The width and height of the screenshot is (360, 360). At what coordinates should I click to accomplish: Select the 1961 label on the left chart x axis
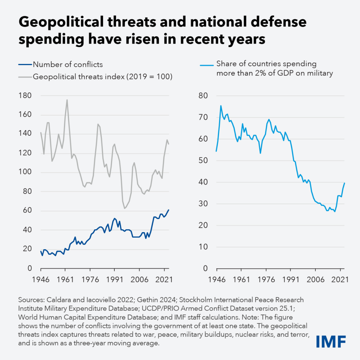coord(65,280)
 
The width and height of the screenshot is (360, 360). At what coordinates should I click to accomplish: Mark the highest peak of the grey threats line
coord(67,100)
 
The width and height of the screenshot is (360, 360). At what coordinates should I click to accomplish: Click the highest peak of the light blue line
coord(221,106)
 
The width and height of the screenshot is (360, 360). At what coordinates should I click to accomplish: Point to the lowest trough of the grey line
coord(124,208)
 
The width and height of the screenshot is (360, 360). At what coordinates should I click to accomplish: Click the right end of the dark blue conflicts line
coord(169,210)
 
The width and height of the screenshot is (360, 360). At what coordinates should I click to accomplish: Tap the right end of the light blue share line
coord(345,183)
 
